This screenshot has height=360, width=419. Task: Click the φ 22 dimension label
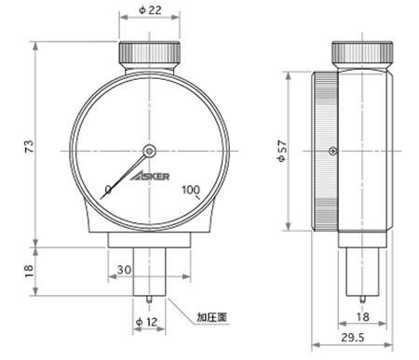tap(150, 9)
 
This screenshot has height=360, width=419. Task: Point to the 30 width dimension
tap(124, 269)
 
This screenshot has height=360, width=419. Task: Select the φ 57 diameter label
tap(278, 151)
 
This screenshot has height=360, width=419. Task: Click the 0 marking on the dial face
tap(108, 191)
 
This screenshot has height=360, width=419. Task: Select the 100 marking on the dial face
tap(192, 191)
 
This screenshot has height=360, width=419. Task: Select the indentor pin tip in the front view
tap(149, 300)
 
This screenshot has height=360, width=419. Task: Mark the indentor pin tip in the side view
tap(363, 300)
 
